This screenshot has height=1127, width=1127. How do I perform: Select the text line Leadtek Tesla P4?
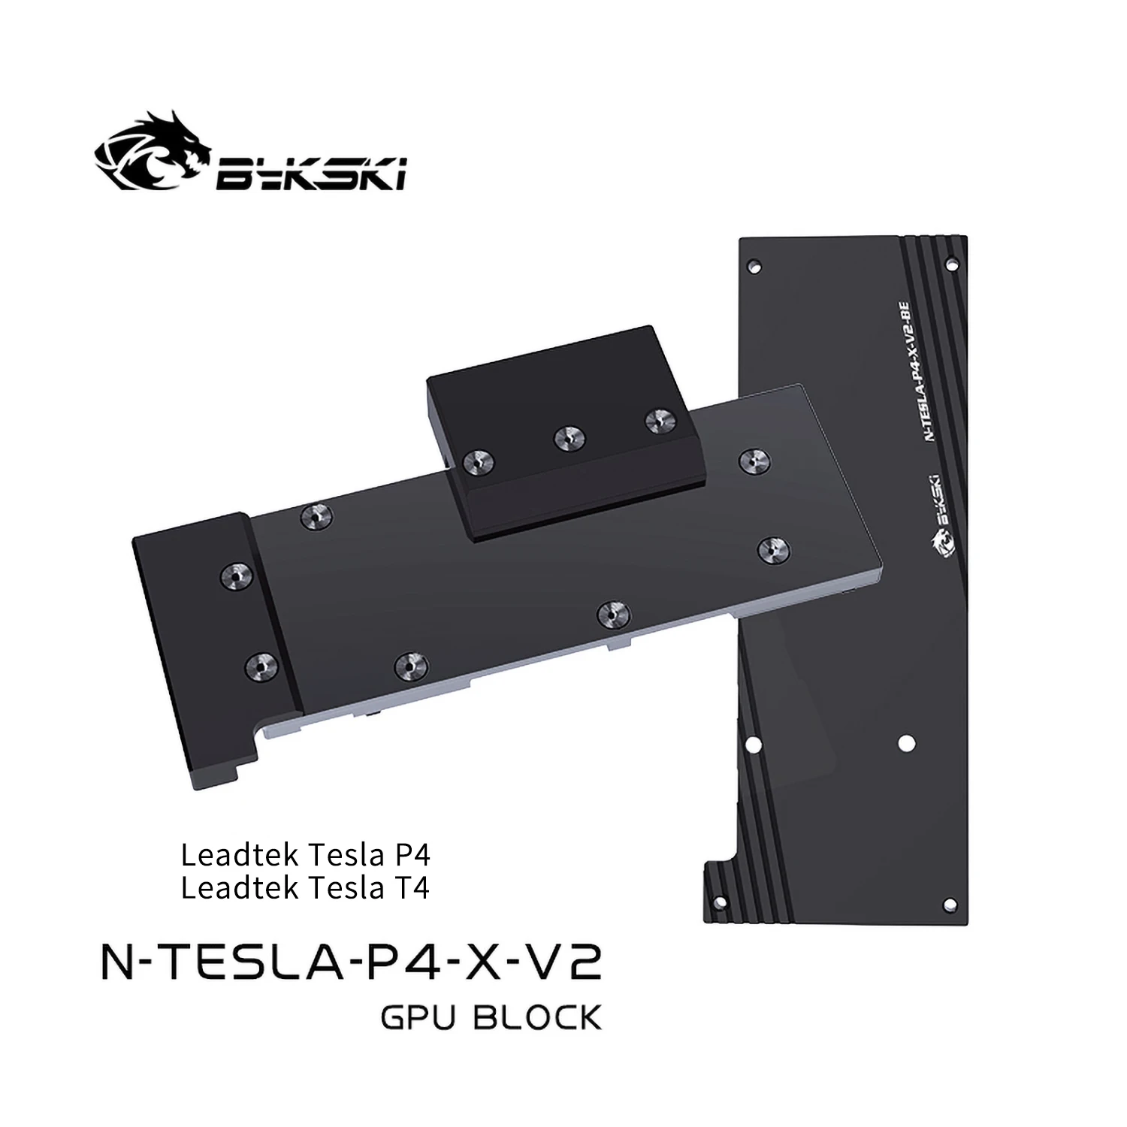305,854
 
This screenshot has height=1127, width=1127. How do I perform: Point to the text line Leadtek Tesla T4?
305,888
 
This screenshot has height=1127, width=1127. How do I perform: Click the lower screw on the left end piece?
260,663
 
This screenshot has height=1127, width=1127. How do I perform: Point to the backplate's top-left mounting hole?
755,265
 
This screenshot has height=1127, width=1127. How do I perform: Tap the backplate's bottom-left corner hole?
719,902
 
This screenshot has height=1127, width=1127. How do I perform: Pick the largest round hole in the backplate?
906,742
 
